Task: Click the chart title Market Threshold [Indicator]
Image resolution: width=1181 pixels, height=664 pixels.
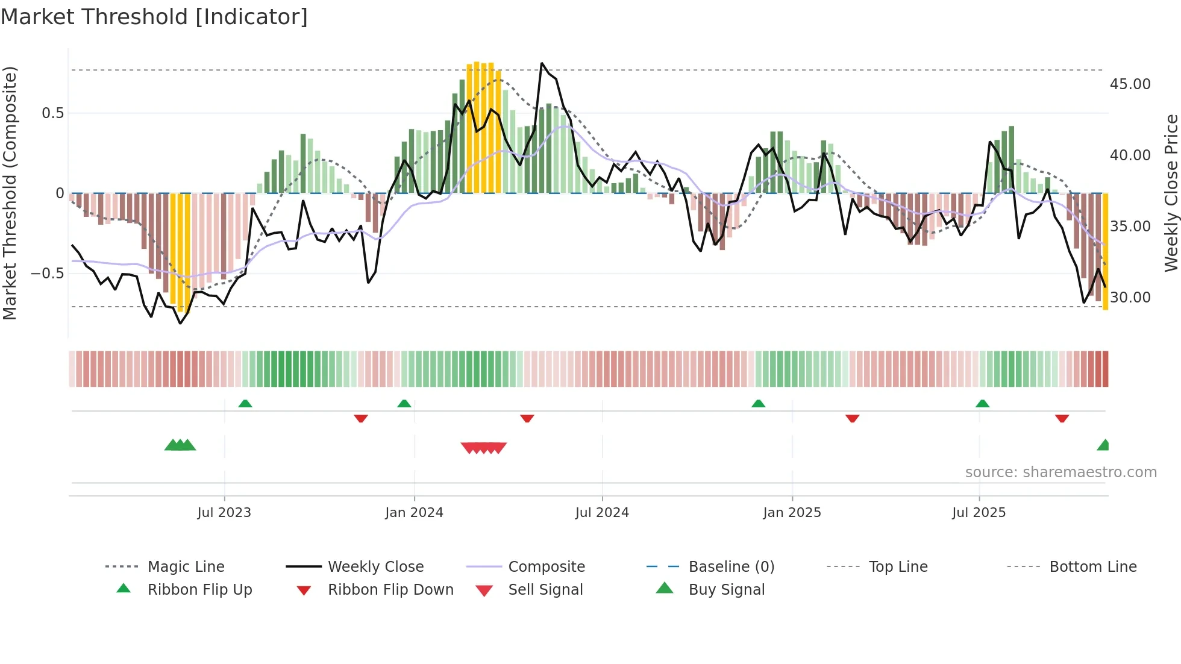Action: pos(154,17)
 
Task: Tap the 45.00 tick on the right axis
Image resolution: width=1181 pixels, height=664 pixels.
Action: pos(1130,84)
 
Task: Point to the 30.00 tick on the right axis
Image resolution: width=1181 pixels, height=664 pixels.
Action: pos(1130,298)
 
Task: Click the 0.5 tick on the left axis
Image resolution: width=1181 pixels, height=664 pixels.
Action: pos(52,113)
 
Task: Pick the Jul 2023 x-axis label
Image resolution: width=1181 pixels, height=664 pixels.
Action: pos(224,513)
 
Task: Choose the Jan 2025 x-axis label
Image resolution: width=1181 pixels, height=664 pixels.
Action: pos(791,513)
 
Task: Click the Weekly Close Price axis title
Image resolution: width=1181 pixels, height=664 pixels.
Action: pos(1171,193)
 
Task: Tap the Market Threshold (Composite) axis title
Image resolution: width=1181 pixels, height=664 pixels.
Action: pos(10,193)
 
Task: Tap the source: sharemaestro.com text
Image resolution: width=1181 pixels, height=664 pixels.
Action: pos(1060,472)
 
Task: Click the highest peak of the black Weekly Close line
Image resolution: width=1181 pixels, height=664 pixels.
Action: pos(542,63)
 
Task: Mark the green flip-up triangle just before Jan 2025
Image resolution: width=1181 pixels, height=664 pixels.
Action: pos(758,404)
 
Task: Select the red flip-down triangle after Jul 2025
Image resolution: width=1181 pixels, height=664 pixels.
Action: pos(1062,418)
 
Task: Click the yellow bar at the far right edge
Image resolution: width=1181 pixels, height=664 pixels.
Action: pos(1105,253)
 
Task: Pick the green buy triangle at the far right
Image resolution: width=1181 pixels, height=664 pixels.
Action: pos(1103,445)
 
